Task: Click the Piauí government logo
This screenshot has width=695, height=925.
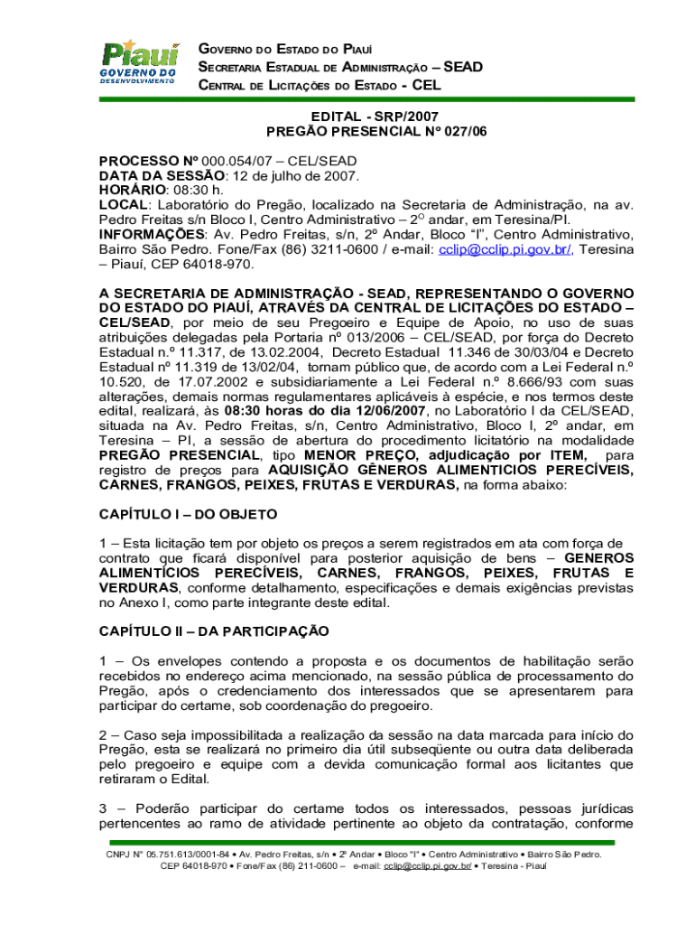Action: tap(140, 62)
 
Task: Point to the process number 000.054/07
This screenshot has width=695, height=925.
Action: tap(218, 160)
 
